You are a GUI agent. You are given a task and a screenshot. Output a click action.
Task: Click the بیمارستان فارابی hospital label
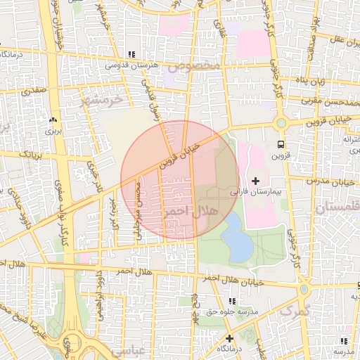[255, 191]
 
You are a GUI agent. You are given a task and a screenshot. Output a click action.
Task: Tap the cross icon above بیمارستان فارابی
[255, 181]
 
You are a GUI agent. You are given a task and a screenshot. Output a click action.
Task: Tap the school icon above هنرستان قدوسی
[131, 54]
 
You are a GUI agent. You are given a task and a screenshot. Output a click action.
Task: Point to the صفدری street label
[33, 91]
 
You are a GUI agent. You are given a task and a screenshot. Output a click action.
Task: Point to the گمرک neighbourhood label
[294, 309]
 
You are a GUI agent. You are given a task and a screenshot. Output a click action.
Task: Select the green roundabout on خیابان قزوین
[281, 122]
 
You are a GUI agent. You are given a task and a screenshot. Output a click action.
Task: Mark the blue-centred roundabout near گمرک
[304, 289]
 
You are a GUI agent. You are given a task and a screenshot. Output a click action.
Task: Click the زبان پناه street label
[310, 81]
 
